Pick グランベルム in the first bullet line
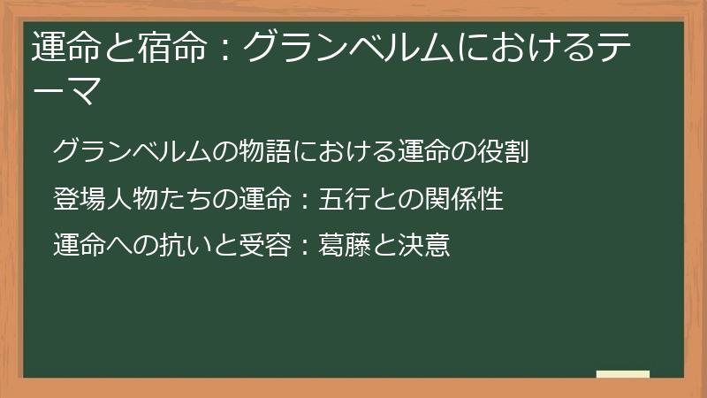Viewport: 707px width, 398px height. (x=133, y=151)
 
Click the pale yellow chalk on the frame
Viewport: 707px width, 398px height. (x=622, y=375)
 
